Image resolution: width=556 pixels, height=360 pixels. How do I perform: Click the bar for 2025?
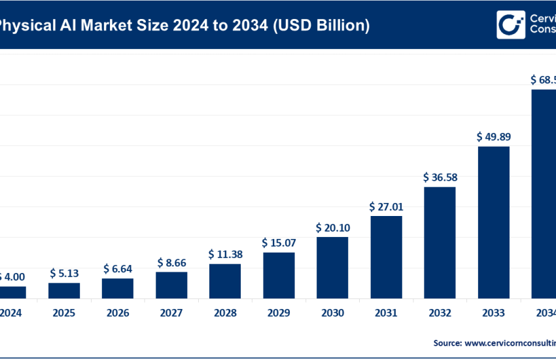pos(64,290)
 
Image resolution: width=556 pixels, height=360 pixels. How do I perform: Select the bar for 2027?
pos(171,285)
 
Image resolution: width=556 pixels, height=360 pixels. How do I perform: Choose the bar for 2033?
pos(493,222)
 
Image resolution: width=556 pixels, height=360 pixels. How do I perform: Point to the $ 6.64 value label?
pos(118,269)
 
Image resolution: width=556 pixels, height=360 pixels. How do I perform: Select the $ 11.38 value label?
pos(225,254)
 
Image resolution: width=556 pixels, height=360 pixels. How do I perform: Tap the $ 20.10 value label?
pos(332,227)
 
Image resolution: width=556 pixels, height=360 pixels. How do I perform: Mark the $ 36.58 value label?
pos(440,177)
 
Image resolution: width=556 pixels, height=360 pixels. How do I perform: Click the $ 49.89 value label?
pos(493,137)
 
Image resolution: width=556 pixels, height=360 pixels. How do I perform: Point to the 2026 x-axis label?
pos(118,313)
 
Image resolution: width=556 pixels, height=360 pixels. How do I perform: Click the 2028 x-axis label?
pos(225,313)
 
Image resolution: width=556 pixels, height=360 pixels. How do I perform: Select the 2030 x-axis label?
pos(332,313)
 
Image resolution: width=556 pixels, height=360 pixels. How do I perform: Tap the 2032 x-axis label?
pos(440,313)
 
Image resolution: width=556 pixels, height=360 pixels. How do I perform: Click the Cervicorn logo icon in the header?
pos(510,24)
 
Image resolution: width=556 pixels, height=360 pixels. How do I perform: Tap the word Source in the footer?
pos(447,342)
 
